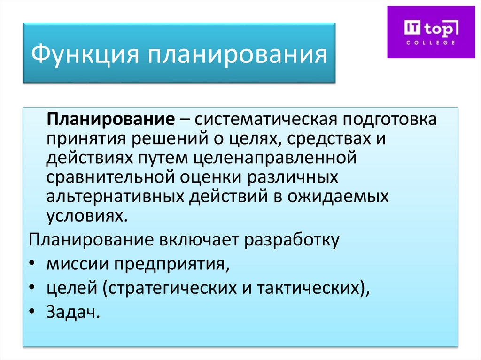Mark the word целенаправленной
coord(275,158)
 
